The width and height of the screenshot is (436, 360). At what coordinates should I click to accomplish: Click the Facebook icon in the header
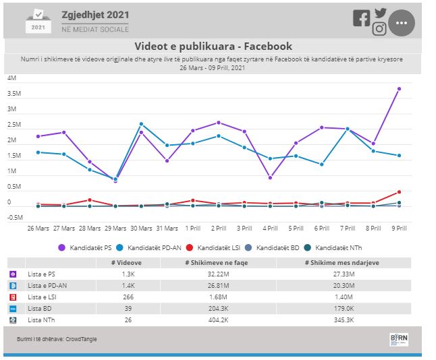[361, 19]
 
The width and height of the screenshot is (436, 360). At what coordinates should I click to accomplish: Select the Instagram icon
[379, 28]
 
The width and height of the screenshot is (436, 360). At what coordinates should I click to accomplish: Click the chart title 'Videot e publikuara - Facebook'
[213, 47]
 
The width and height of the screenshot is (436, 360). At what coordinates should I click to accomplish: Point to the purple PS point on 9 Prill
[399, 89]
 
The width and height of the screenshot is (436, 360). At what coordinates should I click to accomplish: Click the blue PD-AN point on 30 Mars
[141, 124]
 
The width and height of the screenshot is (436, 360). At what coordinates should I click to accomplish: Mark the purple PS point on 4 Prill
[270, 178]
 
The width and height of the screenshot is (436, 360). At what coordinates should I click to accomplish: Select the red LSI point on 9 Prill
[399, 192]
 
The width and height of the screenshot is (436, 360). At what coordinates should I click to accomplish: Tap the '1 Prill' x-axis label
[192, 228]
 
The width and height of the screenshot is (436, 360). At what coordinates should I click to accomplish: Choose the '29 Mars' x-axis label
[115, 228]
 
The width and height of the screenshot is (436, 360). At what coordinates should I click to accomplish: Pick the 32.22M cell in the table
[218, 274]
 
